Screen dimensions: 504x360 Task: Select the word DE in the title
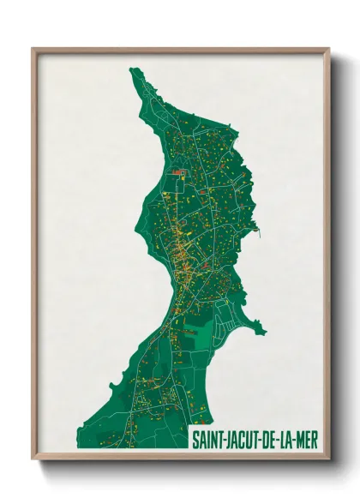pyautogui.click(x=272, y=438)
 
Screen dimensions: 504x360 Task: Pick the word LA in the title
pyautogui.click(x=289, y=438)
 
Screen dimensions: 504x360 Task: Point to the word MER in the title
pyautogui.click(x=309, y=438)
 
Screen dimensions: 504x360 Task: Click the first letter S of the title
pyautogui.click(x=195, y=438)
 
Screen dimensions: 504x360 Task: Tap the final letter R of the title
pyautogui.click(x=315, y=438)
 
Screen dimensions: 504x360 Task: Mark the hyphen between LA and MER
pyautogui.click(x=297, y=439)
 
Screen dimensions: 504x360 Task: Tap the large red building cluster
pyautogui.click(x=179, y=172)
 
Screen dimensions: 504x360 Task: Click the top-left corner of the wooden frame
pyautogui.click(x=33, y=49)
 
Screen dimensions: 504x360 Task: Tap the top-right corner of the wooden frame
pyautogui.click(x=329, y=49)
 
